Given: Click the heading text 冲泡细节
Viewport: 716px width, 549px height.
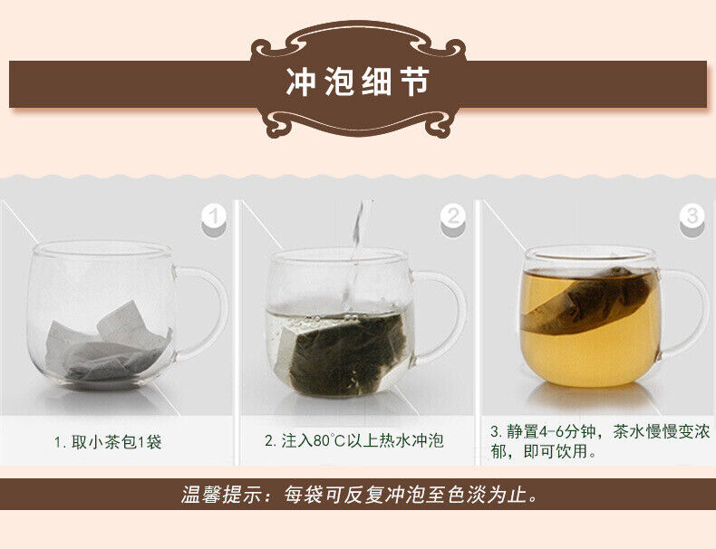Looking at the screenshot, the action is click(x=357, y=82).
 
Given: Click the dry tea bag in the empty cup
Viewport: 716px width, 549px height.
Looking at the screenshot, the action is click(x=109, y=342).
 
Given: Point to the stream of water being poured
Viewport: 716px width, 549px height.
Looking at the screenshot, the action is click(x=354, y=255).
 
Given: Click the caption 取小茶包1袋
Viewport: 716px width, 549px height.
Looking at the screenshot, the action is click(x=116, y=442).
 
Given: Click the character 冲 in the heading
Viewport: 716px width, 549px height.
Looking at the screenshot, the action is click(x=301, y=82).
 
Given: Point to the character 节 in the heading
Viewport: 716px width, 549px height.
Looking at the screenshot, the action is click(x=414, y=82).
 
